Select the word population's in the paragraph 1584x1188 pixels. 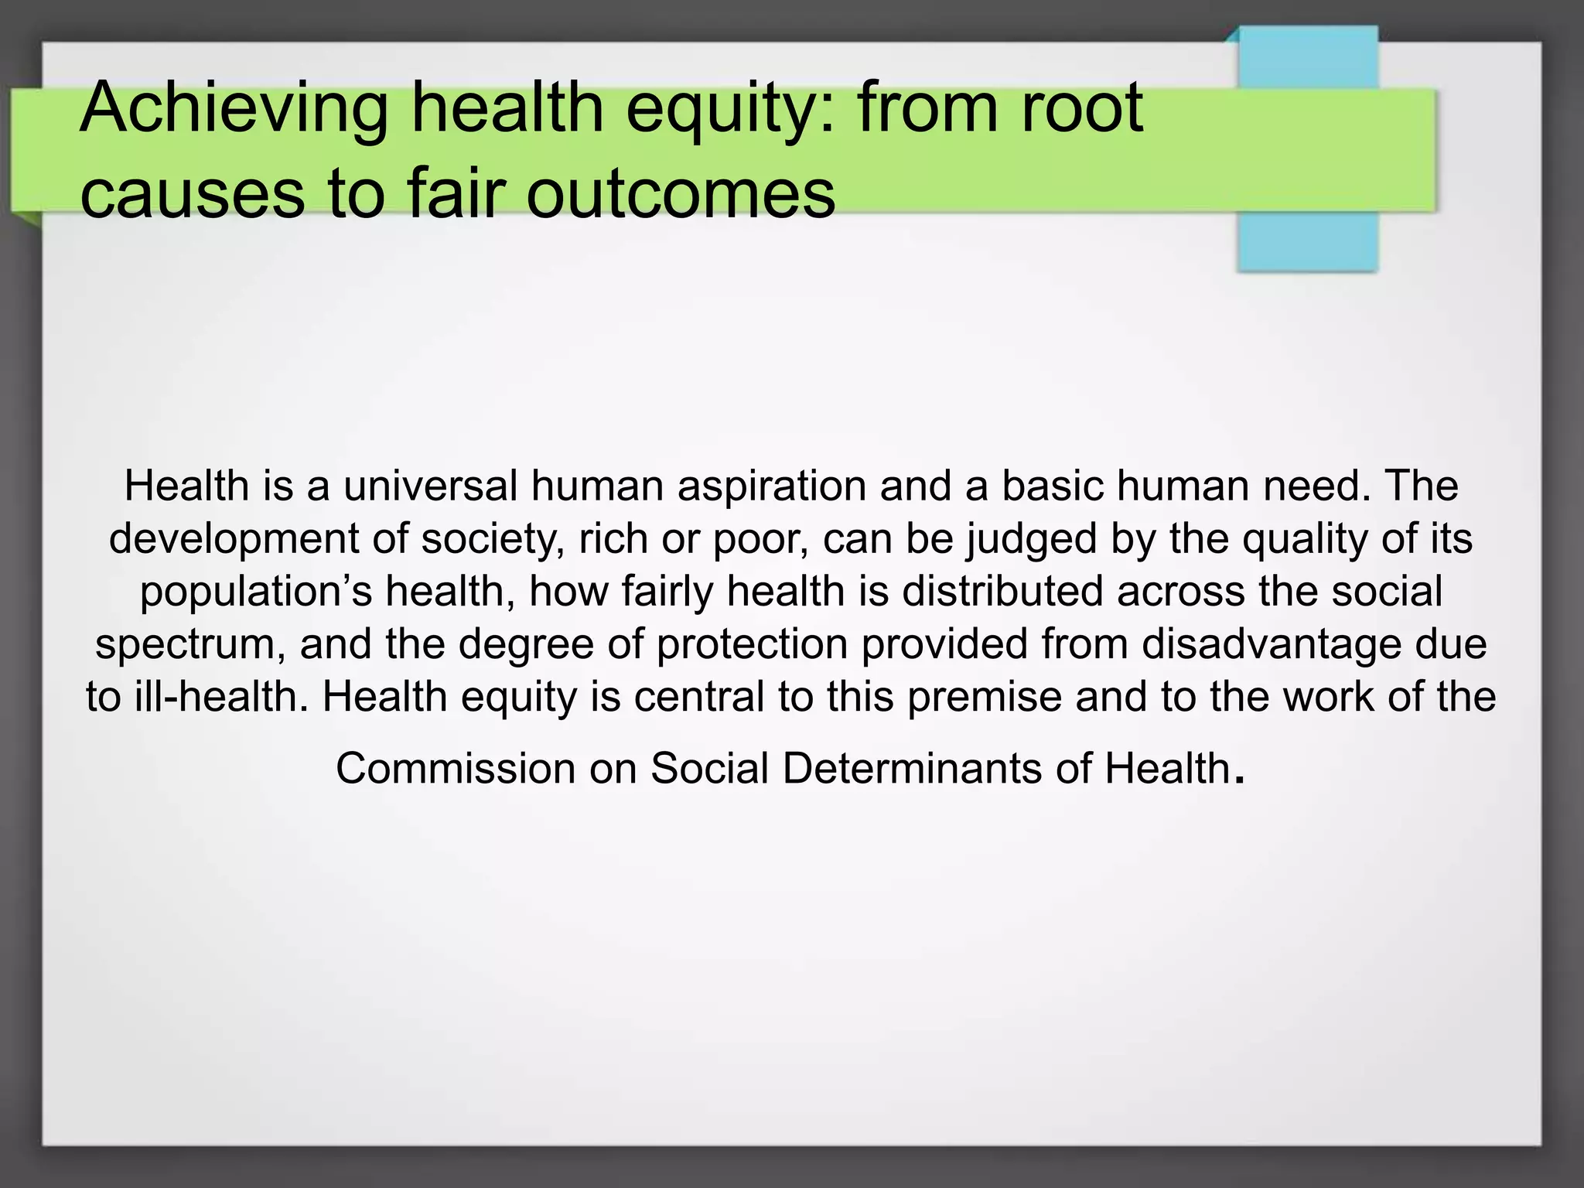[x=256, y=592]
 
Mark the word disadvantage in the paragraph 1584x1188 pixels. [x=1272, y=644]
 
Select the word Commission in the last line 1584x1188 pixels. [x=456, y=769]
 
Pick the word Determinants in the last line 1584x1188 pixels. [x=912, y=769]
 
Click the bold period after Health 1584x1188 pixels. [x=1241, y=780]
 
